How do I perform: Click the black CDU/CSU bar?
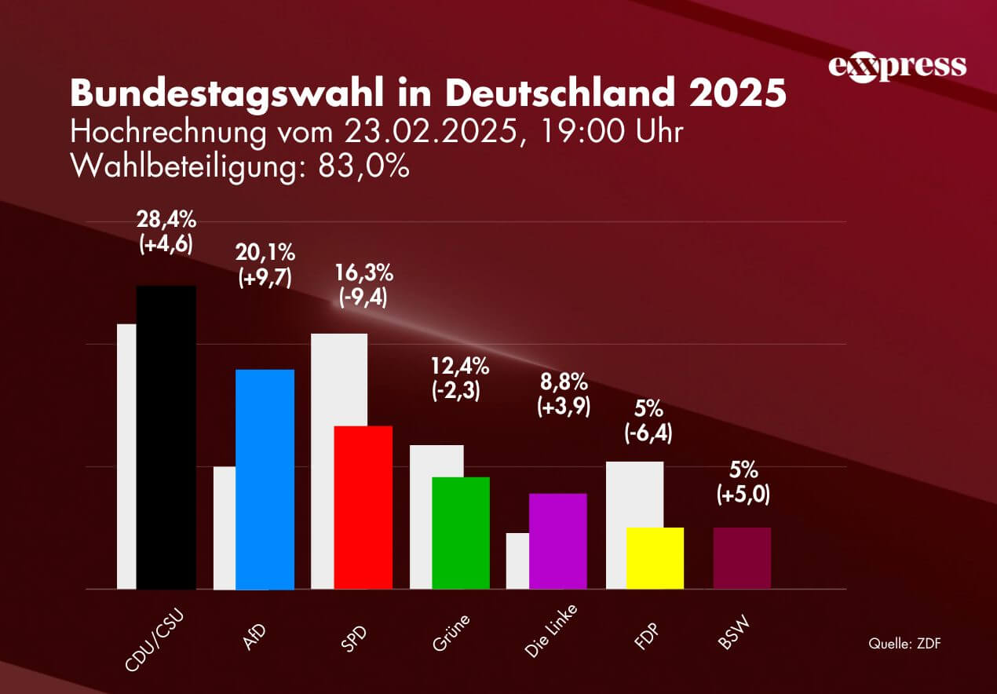tap(166, 436)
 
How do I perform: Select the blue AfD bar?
tap(265, 479)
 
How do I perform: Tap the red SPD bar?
tap(363, 507)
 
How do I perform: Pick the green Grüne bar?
tap(461, 532)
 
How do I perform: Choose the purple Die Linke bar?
tap(558, 541)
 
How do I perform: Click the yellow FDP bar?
tap(655, 557)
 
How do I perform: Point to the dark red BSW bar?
tap(742, 557)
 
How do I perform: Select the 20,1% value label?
tap(265, 253)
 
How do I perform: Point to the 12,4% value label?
tap(461, 365)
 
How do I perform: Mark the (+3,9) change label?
tap(564, 407)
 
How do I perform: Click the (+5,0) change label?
tap(742, 495)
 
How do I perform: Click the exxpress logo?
tap(897, 66)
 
